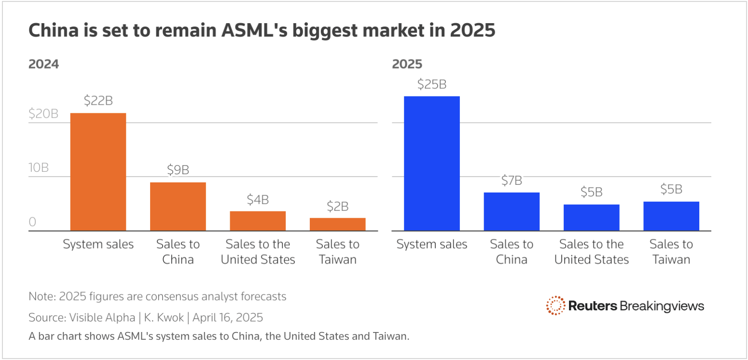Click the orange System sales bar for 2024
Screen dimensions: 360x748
pos(98,172)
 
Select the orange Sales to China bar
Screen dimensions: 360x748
pos(178,207)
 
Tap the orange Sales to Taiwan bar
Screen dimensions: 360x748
pos(337,224)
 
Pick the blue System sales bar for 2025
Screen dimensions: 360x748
pos(431,163)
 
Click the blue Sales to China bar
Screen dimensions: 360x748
pos(512,211)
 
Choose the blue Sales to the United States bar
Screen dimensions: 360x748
pos(591,218)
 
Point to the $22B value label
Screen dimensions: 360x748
pos(98,101)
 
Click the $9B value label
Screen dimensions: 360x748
pos(178,170)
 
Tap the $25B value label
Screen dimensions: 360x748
pos(431,84)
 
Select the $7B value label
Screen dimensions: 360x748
pos(512,180)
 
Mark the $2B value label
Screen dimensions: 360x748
pos(337,207)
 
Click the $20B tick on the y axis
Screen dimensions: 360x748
pos(43,114)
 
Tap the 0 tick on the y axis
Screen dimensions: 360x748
pos(32,222)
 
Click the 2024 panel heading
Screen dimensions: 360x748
pos(43,64)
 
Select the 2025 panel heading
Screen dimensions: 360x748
pos(407,64)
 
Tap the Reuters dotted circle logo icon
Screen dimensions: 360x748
pos(555,305)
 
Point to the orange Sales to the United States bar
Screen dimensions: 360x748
pos(258,221)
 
